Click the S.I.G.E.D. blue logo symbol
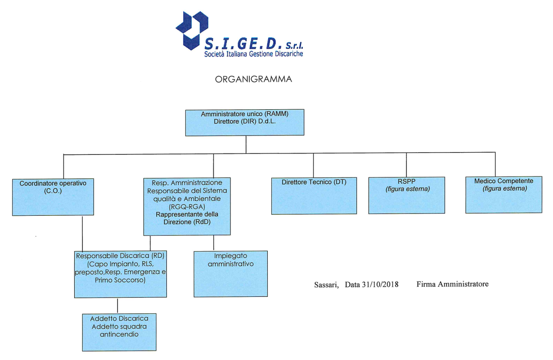point(189,29)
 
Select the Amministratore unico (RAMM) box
point(245,123)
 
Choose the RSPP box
point(406,195)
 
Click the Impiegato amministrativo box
point(230,273)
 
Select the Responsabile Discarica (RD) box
point(120,274)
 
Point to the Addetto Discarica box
point(119,332)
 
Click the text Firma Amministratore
point(453,283)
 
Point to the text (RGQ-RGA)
point(187,207)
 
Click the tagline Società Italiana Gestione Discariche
point(253,53)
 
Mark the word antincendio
point(119,334)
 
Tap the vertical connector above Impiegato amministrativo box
point(213,243)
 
